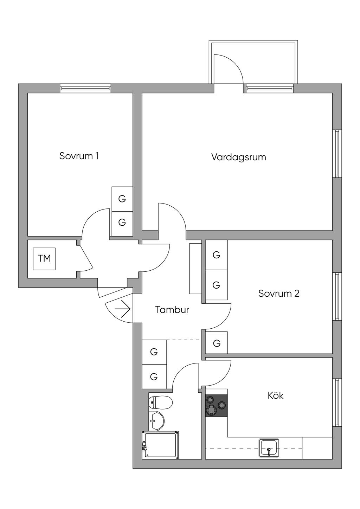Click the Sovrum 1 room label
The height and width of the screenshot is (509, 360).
pos(79,156)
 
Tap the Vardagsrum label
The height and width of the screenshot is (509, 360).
pos(238,157)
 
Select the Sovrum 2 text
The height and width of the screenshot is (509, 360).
pos(278,293)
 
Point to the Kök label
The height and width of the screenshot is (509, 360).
pos(275,395)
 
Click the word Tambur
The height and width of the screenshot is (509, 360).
pos(172,310)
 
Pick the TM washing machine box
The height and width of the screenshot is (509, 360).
pos(44,259)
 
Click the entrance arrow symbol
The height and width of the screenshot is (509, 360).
pos(123,309)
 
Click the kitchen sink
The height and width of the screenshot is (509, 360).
pos(269,448)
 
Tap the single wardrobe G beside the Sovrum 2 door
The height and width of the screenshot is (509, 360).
pos(217,343)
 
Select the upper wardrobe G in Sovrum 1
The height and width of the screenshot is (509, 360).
pos(122,199)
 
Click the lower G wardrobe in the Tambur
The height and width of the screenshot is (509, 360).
pos(154,376)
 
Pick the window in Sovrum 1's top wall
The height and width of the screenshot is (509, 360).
pos(85,88)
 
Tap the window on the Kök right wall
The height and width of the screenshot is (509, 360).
pos(337,402)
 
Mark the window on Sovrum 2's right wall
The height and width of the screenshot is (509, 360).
pos(337,296)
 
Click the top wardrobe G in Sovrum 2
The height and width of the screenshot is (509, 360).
pos(216,255)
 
